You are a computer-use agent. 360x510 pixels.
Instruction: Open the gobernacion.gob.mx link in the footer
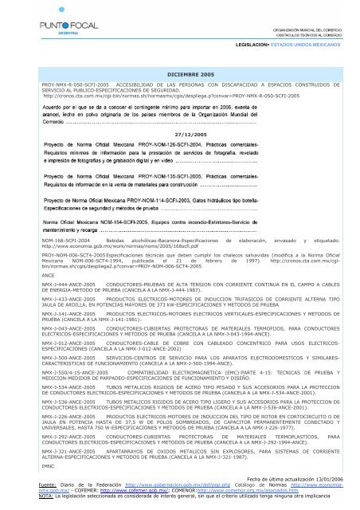(155, 483)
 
